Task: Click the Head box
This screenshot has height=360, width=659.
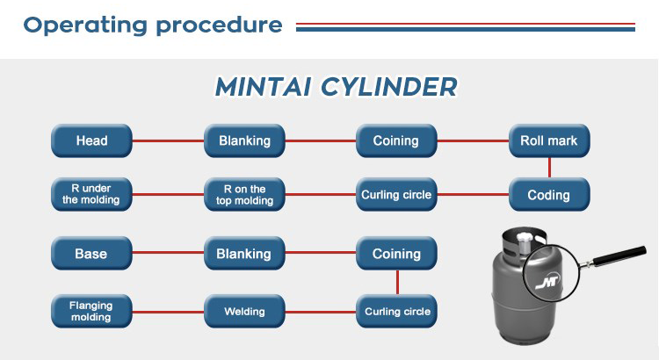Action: tap(91, 140)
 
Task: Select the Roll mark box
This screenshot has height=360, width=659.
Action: tap(549, 140)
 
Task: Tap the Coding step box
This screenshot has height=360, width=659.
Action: tap(549, 195)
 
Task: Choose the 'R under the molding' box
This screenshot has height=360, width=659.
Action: tap(91, 195)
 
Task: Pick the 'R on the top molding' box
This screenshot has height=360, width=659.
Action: tap(244, 195)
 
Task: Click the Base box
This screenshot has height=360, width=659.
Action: tap(91, 254)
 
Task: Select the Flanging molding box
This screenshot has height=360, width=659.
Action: tap(91, 311)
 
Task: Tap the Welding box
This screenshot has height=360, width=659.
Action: tap(244, 311)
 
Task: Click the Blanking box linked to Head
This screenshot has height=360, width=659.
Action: tap(244, 140)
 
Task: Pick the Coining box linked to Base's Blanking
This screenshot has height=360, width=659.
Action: tap(396, 254)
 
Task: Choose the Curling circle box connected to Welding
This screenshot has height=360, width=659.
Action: tap(396, 311)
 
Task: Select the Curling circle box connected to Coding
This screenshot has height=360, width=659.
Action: tap(396, 195)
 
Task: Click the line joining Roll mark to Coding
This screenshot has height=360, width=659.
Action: tap(549, 168)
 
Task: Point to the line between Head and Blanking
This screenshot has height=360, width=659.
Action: tap(168, 140)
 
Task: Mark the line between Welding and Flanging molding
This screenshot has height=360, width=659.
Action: tap(168, 311)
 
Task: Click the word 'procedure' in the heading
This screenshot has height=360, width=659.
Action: tap(219, 25)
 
